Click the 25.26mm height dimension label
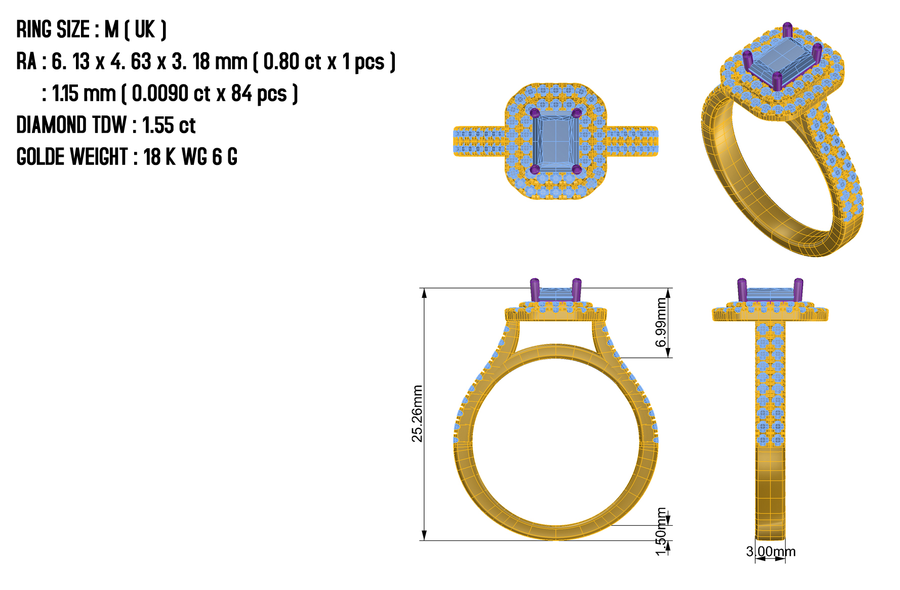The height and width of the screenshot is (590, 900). (417, 413)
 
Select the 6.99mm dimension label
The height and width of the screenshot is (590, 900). (661, 322)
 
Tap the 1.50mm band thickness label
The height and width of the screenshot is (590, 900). (661, 531)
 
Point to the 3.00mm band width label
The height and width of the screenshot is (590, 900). (770, 552)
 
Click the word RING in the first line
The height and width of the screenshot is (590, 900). (35, 30)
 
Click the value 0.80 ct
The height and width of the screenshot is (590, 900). (292, 62)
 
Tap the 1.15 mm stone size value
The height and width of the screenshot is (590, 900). (84, 94)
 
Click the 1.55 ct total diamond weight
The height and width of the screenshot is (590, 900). (169, 125)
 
